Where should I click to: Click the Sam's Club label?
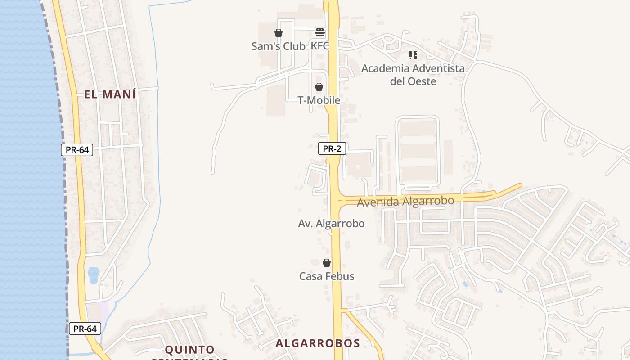click(x=278, y=46)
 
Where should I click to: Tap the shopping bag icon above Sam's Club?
click(x=279, y=33)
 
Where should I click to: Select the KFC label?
click(x=319, y=46)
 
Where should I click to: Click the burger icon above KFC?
click(x=320, y=32)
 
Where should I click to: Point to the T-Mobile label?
click(x=319, y=100)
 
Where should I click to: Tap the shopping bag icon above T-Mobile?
click(x=319, y=87)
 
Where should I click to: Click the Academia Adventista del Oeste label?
click(x=413, y=75)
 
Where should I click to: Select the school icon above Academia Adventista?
click(x=413, y=55)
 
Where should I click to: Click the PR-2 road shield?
click(x=332, y=149)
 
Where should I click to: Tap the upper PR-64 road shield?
click(x=77, y=150)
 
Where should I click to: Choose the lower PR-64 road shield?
click(x=85, y=328)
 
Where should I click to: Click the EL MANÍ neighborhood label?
click(x=110, y=94)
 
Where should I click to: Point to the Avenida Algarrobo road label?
click(x=405, y=201)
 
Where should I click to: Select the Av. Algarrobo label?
click(x=331, y=223)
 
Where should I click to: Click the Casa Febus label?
click(x=327, y=276)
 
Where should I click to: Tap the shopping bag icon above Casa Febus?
click(x=327, y=263)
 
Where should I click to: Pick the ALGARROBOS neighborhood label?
click(x=318, y=343)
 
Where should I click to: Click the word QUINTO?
click(x=189, y=350)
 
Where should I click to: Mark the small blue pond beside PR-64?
click(x=94, y=275)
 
